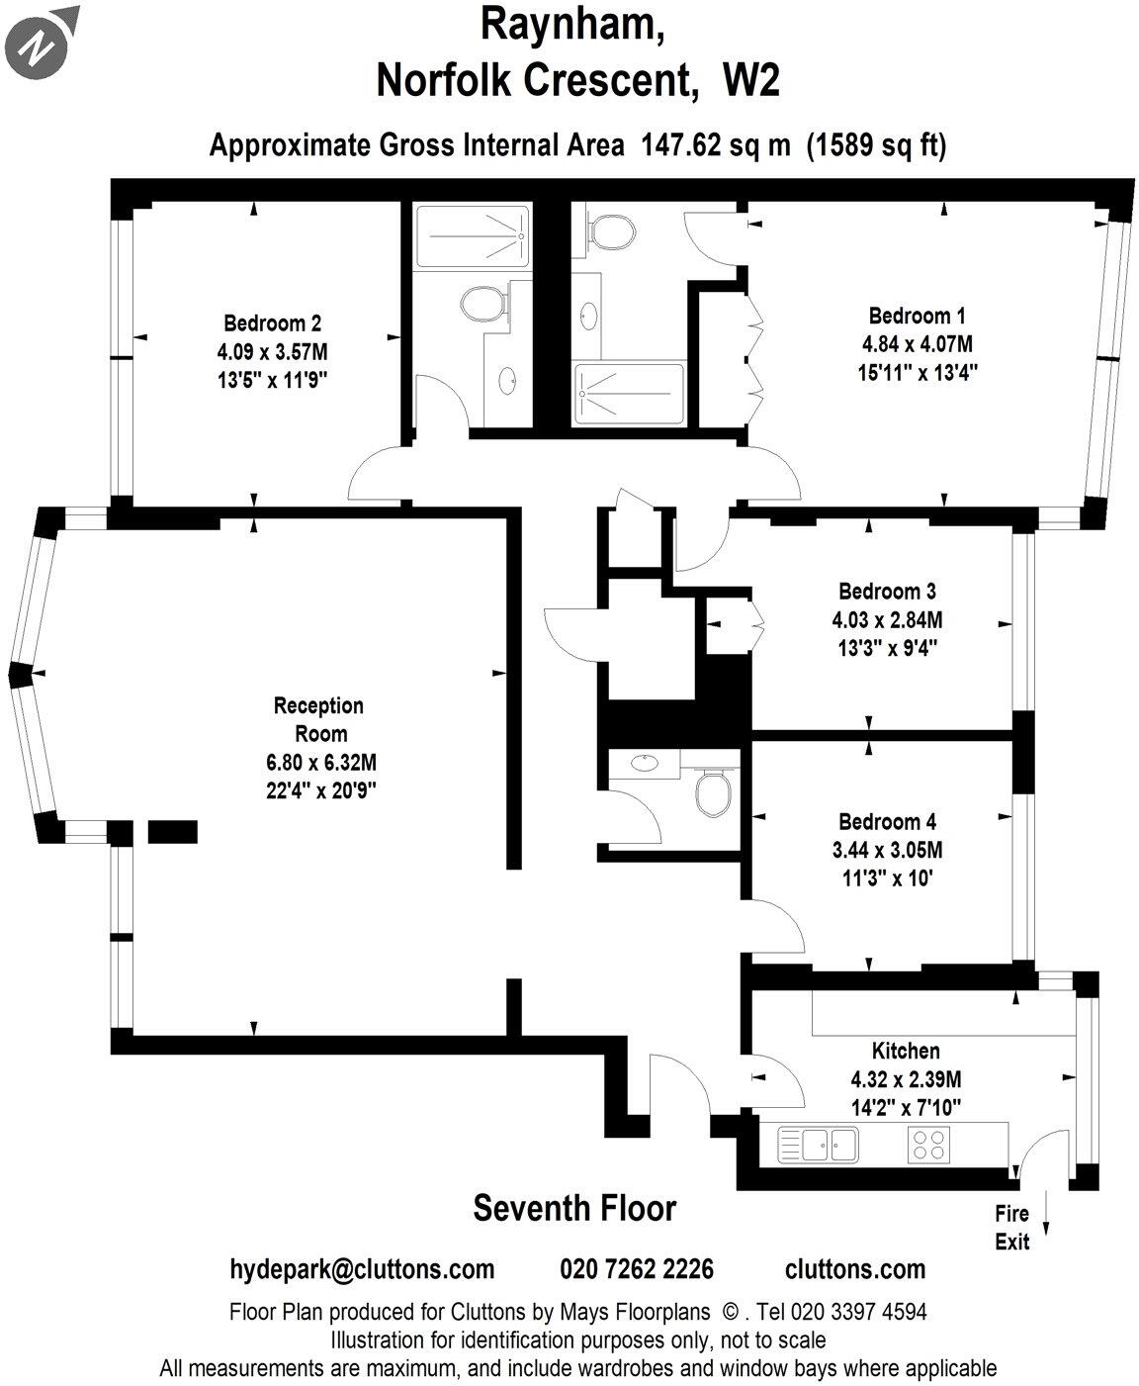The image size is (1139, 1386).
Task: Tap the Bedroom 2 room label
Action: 272,323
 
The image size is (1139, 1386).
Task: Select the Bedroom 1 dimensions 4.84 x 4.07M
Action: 917,344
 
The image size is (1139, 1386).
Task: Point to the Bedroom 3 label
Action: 887,592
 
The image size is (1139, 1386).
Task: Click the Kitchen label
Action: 905,1051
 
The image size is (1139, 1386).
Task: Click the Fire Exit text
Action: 1011,1227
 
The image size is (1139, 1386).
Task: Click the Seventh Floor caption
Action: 574,1208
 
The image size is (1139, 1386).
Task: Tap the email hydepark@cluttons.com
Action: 362,1269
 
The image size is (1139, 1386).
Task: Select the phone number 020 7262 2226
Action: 637,1269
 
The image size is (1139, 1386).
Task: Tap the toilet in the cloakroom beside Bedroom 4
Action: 713,791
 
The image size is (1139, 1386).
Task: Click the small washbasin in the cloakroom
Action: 645,763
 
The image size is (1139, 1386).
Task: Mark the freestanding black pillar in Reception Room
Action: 173,831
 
